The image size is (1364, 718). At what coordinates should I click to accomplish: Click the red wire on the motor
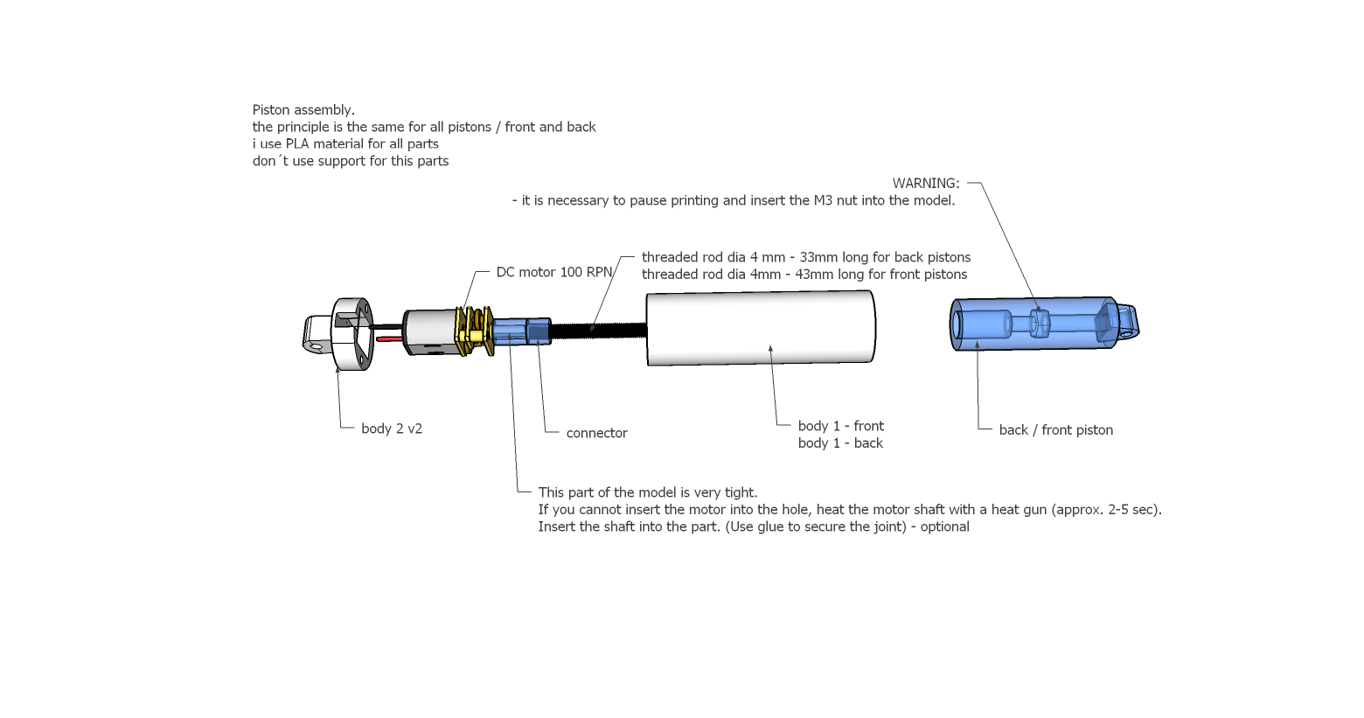tap(390, 338)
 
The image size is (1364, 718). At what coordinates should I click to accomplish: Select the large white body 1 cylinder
tap(760, 328)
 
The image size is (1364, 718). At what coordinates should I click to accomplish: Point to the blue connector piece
tap(521, 332)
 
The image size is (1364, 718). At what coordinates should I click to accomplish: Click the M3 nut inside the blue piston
tap(1039, 324)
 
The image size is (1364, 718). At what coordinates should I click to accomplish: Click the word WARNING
tap(925, 184)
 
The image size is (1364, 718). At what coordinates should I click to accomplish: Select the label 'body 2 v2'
tap(392, 429)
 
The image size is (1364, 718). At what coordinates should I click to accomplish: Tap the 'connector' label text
tap(596, 433)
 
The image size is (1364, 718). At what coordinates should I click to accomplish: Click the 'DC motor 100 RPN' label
tap(554, 272)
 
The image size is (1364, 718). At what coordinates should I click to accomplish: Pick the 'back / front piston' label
tap(1055, 429)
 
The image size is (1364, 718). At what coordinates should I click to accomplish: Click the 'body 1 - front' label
tap(840, 426)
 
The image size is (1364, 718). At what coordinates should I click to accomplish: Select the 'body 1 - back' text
tap(840, 443)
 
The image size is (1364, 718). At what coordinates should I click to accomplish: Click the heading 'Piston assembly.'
tap(303, 110)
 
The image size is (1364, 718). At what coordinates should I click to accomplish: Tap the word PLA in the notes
tap(297, 144)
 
